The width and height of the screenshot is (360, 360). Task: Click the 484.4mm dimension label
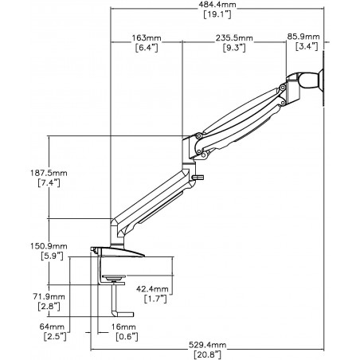coord(217,4)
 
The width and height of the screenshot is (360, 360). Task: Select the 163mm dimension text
coord(147,38)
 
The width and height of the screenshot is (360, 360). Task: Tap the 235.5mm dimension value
coord(234,38)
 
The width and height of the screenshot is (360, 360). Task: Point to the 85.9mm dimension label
coord(303,37)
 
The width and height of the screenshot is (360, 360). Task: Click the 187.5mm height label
coord(49,173)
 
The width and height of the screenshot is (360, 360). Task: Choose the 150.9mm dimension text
coord(49,246)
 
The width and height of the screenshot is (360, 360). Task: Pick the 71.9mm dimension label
coord(49,296)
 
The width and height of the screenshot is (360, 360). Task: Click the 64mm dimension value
coord(52,327)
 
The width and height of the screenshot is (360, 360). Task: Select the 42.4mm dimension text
coord(152,288)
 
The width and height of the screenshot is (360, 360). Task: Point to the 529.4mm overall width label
coord(207,345)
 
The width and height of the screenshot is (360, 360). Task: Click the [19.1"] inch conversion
coord(217,14)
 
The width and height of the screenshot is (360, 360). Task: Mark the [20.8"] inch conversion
coord(207,354)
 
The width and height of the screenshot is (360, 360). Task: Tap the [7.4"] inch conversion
coord(49,183)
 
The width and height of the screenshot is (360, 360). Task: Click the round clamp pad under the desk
coord(113,278)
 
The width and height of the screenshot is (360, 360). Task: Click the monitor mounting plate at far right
coord(323,79)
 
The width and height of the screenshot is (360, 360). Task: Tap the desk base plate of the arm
coord(118,252)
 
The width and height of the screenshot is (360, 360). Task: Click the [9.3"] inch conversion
coord(234,48)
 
